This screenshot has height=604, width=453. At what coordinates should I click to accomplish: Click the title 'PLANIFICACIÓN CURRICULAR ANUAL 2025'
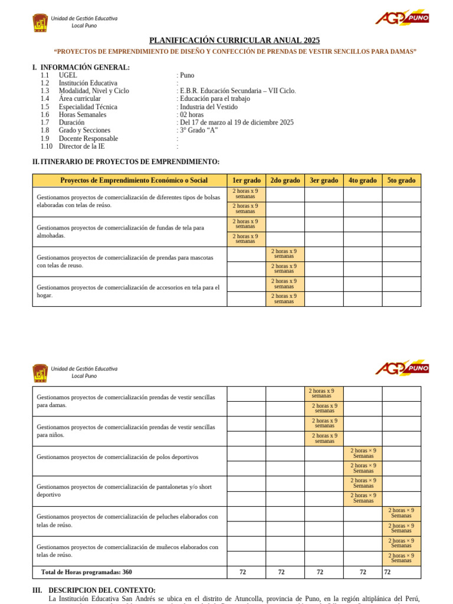(234, 40)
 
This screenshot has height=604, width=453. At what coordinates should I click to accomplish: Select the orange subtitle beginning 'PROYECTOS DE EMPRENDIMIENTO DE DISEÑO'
(235, 52)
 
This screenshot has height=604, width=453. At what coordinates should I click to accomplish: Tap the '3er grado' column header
(324, 180)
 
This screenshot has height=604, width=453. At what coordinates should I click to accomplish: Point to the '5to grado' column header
(401, 180)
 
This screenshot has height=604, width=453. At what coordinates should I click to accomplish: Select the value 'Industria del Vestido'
(208, 107)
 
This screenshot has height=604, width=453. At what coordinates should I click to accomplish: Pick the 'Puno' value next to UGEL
(186, 75)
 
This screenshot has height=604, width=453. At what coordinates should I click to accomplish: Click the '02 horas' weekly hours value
(193, 115)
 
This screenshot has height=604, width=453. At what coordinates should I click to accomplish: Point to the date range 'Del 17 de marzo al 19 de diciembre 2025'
(237, 123)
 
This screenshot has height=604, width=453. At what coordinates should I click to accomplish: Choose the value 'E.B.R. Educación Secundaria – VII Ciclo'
(238, 91)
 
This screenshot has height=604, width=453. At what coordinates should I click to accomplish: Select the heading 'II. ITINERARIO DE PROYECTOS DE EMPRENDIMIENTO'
(126, 162)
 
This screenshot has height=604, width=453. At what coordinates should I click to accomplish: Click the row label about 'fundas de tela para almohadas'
(120, 231)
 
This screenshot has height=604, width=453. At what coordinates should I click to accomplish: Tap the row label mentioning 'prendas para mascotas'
(124, 261)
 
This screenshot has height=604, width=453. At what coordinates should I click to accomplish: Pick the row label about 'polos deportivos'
(117, 457)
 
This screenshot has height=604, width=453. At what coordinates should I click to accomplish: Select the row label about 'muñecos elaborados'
(127, 551)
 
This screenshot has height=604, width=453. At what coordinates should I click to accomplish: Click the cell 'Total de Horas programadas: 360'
(86, 572)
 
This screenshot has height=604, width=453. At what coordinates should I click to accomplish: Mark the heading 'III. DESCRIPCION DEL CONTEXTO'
(94, 590)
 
